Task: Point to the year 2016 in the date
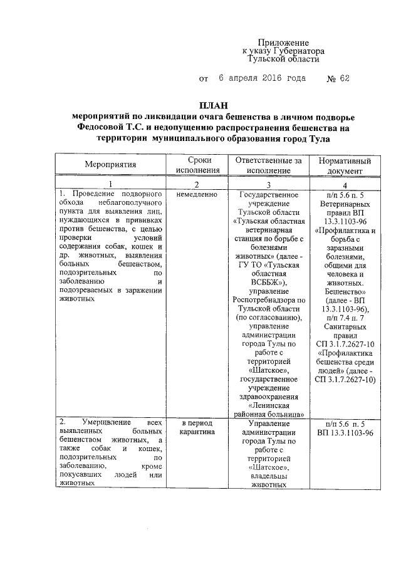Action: [x=268, y=79]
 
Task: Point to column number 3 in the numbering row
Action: [x=269, y=184]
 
